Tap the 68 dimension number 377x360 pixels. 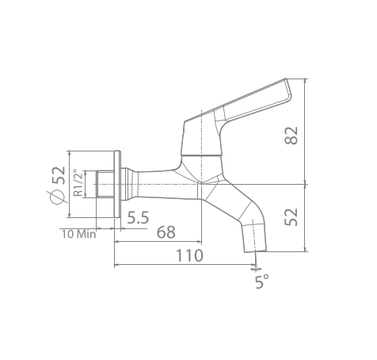pos(166,232)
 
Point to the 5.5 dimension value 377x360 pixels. pos(138,216)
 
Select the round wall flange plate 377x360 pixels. pos(116,184)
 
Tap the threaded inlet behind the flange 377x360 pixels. pos(103,184)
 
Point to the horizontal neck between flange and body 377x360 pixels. pos(150,179)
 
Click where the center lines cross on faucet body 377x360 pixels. pos(199,184)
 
